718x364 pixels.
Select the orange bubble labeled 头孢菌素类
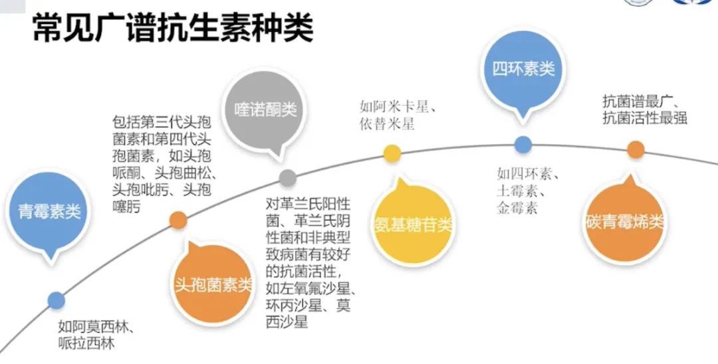click(213, 286)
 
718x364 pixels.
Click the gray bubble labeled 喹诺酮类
click(266, 110)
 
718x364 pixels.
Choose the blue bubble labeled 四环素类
click(523, 68)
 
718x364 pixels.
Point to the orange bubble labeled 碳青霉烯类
click(626, 222)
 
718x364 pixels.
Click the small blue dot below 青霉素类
click(57, 300)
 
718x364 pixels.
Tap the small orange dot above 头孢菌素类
click(178, 220)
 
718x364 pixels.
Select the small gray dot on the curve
click(287, 177)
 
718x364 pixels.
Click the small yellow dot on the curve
click(393, 154)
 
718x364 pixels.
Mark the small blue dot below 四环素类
click(523, 143)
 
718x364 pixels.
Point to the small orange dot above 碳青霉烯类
click(636, 149)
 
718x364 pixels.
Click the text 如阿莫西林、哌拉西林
click(96, 335)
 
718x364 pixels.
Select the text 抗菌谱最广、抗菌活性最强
click(644, 110)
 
